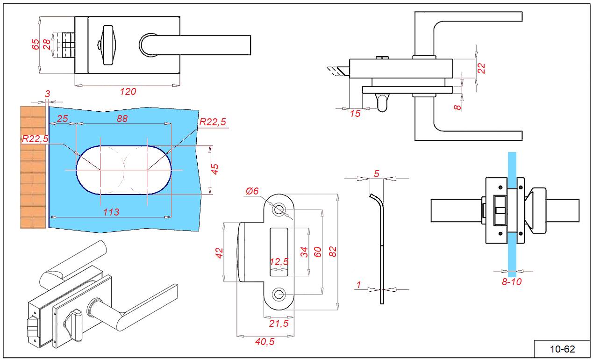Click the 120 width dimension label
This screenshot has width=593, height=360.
click(x=128, y=92)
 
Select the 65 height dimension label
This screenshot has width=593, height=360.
click(x=36, y=44)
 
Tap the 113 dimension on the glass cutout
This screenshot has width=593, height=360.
click(x=111, y=212)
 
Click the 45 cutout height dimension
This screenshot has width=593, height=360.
click(x=215, y=169)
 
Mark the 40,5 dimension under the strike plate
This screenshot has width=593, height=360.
click(x=264, y=342)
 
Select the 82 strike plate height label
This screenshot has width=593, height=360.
click(x=333, y=252)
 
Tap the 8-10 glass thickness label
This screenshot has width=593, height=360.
click(x=512, y=281)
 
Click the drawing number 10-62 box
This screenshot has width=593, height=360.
click(x=562, y=349)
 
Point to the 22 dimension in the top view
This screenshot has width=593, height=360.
click(x=482, y=68)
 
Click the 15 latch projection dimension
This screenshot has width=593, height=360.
click(x=355, y=113)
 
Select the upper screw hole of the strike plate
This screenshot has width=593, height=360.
click(x=279, y=209)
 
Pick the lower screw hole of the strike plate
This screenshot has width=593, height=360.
click(x=279, y=294)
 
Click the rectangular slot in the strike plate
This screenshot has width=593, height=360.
click(x=279, y=250)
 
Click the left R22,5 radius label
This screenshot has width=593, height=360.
click(x=35, y=138)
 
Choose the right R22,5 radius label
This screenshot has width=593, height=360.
click(x=213, y=122)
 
